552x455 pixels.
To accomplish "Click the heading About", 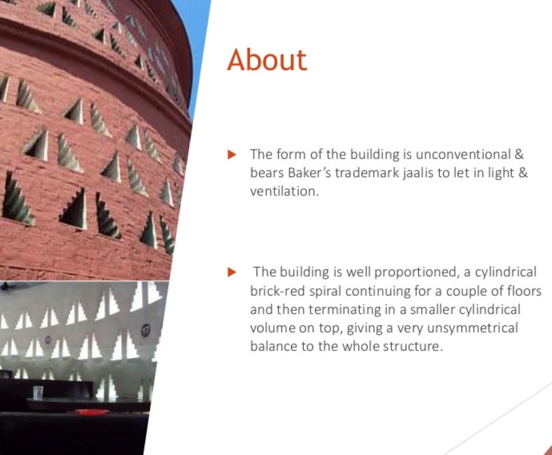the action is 267,60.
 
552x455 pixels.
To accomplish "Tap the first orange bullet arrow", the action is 231,154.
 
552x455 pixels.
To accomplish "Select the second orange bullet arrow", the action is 231,272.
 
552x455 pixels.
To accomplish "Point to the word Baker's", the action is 309,173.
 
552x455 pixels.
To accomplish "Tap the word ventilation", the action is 284,191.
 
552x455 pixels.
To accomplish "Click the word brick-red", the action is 277,291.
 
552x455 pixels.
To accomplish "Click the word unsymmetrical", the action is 472,328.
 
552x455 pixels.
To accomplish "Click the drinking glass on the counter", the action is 38,393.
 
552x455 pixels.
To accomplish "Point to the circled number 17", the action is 146,330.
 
